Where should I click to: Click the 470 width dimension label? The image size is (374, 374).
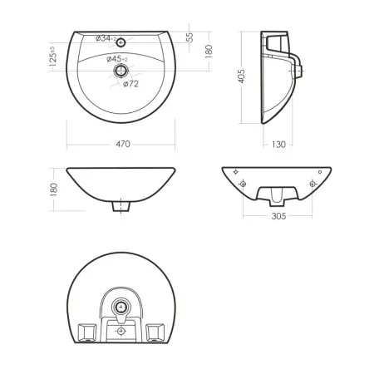[x=123, y=144]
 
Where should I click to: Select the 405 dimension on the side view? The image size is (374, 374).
[x=242, y=76]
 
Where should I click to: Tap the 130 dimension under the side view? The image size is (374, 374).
[x=278, y=145]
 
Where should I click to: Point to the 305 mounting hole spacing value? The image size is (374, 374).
[x=278, y=216]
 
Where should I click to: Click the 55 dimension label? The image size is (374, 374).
[x=190, y=37]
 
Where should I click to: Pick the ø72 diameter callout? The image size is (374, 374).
[x=130, y=84]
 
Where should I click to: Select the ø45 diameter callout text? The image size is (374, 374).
[x=117, y=59]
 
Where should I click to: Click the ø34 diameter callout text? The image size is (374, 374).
[x=106, y=38]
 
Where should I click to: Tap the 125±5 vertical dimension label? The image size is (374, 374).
[x=53, y=57]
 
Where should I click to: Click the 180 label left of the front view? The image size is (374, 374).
[x=54, y=189]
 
